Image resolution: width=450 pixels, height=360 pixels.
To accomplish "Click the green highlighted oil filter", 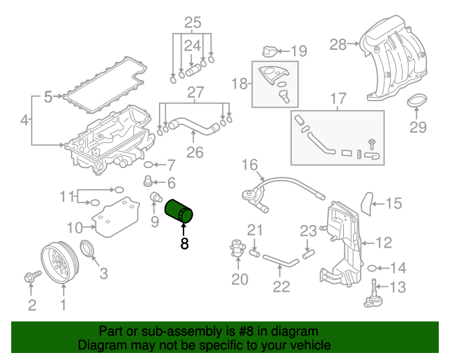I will tap(179, 210).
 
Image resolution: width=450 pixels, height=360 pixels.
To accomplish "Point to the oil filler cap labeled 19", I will tap(267, 51).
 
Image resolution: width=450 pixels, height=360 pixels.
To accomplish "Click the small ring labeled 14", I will tap(372, 268).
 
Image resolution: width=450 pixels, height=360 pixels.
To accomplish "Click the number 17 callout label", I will tap(338, 98).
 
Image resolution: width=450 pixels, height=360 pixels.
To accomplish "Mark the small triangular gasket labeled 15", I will tap(366, 202).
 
